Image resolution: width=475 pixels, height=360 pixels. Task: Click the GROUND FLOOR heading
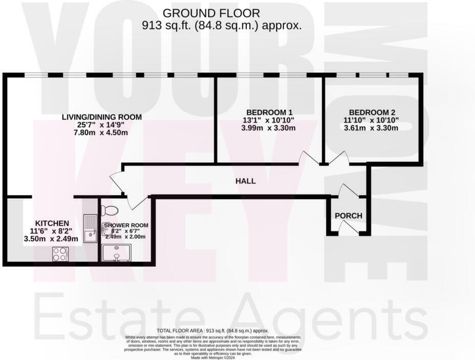[211, 13]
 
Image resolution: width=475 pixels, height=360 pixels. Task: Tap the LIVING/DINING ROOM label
[102, 117]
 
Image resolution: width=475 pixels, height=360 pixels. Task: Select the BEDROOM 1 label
[269, 113]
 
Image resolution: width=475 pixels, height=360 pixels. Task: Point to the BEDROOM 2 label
[372, 113]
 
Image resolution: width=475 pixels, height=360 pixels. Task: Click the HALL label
[246, 181]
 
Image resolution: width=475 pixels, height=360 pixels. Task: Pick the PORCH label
[349, 216]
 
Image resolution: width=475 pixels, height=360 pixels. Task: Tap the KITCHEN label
[52, 223]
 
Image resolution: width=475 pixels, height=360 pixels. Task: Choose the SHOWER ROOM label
[126, 225]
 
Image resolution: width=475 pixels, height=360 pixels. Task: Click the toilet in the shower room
[109, 210]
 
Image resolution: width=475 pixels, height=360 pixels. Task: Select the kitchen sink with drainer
[91, 228]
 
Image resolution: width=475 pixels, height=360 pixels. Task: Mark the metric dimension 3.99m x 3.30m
[269, 128]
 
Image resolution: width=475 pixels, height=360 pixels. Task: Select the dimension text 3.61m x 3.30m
[372, 128]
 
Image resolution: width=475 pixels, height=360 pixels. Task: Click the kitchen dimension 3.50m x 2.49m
[51, 239]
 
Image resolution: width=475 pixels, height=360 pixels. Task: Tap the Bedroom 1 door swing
[309, 158]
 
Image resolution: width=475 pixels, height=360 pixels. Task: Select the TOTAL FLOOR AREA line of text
[213, 331]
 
